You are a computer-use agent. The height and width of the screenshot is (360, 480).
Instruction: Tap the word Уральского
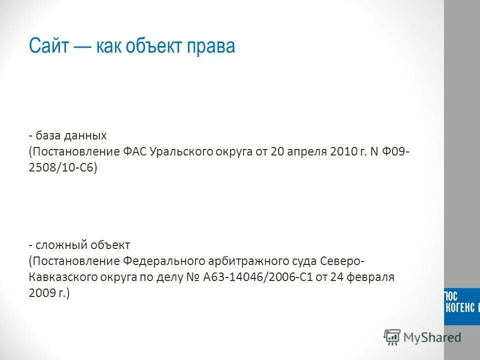click(x=180, y=151)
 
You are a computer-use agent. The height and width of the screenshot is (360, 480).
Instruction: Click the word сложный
click(x=59, y=245)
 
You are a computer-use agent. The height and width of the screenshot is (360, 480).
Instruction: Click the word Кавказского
click(x=58, y=277)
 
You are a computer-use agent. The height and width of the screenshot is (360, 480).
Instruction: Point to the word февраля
click(x=371, y=277)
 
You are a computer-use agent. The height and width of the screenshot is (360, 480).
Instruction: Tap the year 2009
click(x=41, y=293)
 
